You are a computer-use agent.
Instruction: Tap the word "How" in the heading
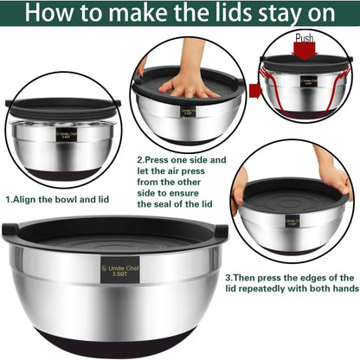pos(43,15)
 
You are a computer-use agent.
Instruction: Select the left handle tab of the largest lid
pos(10,230)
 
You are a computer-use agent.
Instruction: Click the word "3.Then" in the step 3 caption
pos(244,278)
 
